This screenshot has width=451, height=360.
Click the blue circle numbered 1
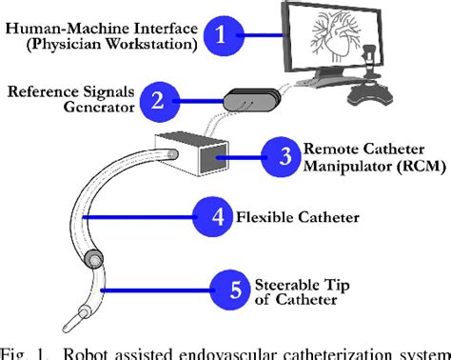(221, 37)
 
